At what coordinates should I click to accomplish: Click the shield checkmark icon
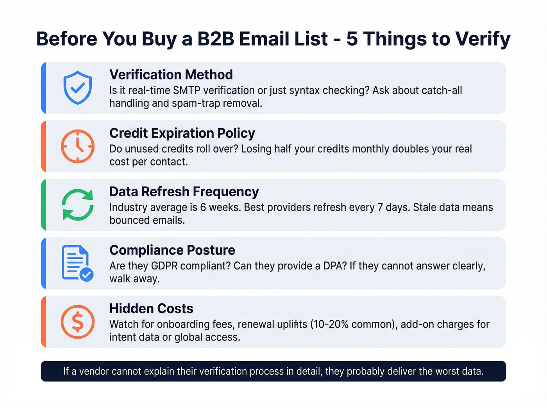[x=78, y=88]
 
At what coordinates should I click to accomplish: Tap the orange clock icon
[x=78, y=146]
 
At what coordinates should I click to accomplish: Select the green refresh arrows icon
[x=78, y=205]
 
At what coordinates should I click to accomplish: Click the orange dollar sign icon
[x=78, y=322]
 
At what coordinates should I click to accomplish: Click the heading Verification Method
[x=171, y=75]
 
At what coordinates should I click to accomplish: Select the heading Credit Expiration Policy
[x=182, y=133]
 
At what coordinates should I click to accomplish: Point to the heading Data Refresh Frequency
[x=184, y=192]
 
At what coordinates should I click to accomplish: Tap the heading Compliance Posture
[x=172, y=250]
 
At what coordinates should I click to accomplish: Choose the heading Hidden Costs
[x=151, y=309]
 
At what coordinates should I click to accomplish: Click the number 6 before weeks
[x=203, y=207]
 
